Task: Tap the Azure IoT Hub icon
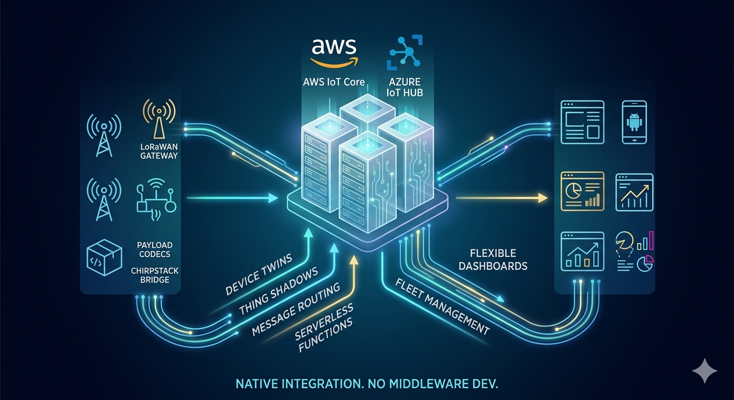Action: click(405, 52)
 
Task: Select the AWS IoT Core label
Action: click(334, 82)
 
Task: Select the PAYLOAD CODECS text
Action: click(155, 249)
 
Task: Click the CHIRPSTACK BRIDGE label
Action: click(155, 274)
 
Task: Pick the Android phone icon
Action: click(634, 122)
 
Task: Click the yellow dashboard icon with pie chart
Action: click(582, 191)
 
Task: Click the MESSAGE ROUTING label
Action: click(296, 309)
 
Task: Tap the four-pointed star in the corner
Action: click(704, 370)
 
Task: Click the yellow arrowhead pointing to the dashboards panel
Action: click(543, 198)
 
